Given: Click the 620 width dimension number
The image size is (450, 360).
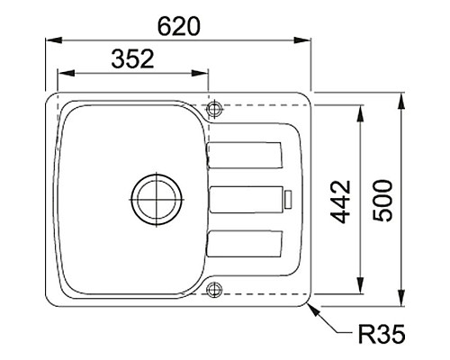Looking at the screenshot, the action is tap(178, 26).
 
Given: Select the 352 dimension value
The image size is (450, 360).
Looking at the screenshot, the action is tap(132, 58).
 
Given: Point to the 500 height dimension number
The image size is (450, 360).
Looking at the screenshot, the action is tap(382, 201).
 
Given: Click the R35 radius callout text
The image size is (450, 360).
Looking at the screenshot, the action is tap(382, 333).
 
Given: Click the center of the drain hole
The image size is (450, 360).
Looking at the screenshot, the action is tap(157, 200).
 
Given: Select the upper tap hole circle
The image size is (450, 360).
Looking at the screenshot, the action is tap(214, 108).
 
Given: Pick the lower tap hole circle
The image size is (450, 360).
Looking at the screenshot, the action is tap(214, 290).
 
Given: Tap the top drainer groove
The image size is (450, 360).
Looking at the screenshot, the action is tap(245, 155).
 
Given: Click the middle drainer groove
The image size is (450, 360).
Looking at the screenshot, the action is tap(246, 200).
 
